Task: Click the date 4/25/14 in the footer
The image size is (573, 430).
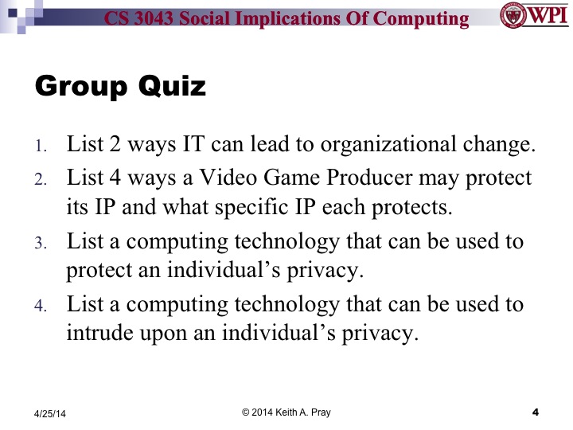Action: click(50, 413)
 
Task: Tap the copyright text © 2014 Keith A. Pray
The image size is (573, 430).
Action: click(286, 411)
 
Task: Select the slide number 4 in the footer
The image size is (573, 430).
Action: click(536, 412)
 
